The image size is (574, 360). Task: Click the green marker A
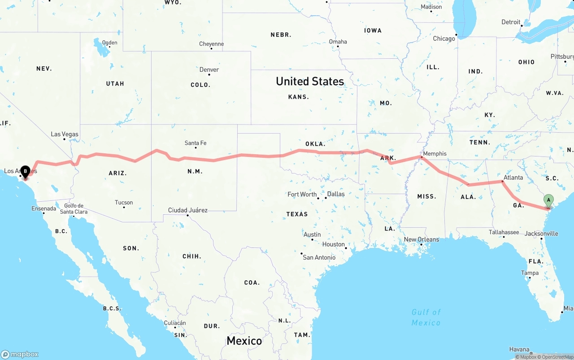[x=548, y=200]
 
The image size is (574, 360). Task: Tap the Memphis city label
[x=435, y=153]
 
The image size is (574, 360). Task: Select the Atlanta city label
[x=513, y=178]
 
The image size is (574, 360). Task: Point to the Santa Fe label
[x=196, y=143]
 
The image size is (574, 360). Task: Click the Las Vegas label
[x=65, y=134]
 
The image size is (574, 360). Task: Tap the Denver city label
[x=209, y=69]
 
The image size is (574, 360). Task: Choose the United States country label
[x=310, y=81]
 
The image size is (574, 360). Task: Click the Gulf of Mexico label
[x=426, y=317]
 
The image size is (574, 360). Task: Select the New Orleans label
[x=422, y=239]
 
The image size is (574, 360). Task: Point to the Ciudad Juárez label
[x=187, y=210]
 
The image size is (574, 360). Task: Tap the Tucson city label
[x=124, y=203]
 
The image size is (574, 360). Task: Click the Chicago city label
[x=444, y=39]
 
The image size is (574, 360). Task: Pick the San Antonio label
[x=319, y=257]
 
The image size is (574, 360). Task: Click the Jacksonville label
[x=541, y=234]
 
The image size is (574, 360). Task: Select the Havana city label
[x=519, y=349]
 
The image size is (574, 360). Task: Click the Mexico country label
[x=244, y=341]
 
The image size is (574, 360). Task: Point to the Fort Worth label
[x=302, y=195]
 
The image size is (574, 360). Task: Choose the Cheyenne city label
[x=211, y=44]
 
